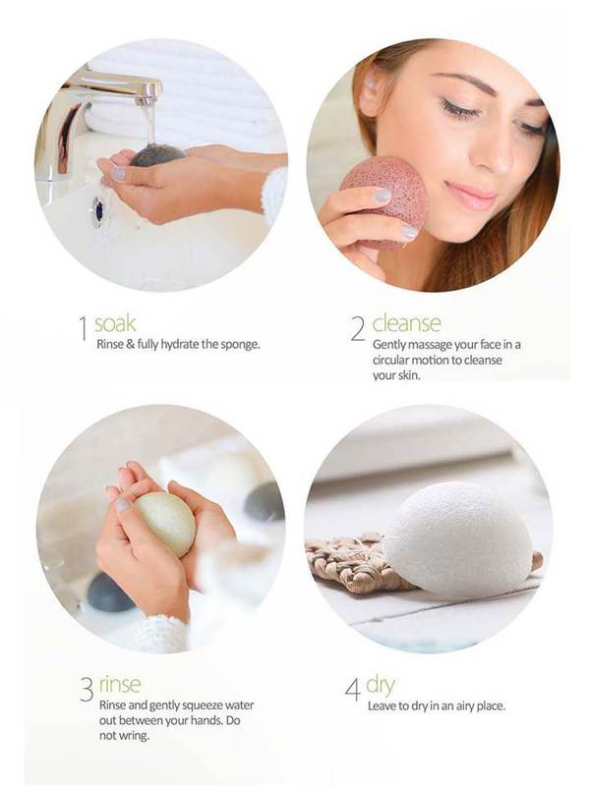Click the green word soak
click(115, 324)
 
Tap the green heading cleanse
click(406, 323)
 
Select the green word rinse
click(120, 684)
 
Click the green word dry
click(381, 686)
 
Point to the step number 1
click(84, 329)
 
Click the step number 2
click(358, 329)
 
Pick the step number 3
click(87, 690)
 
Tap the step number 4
click(352, 690)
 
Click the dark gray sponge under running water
click(157, 154)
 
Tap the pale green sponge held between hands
click(165, 524)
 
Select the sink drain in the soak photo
click(98, 211)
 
